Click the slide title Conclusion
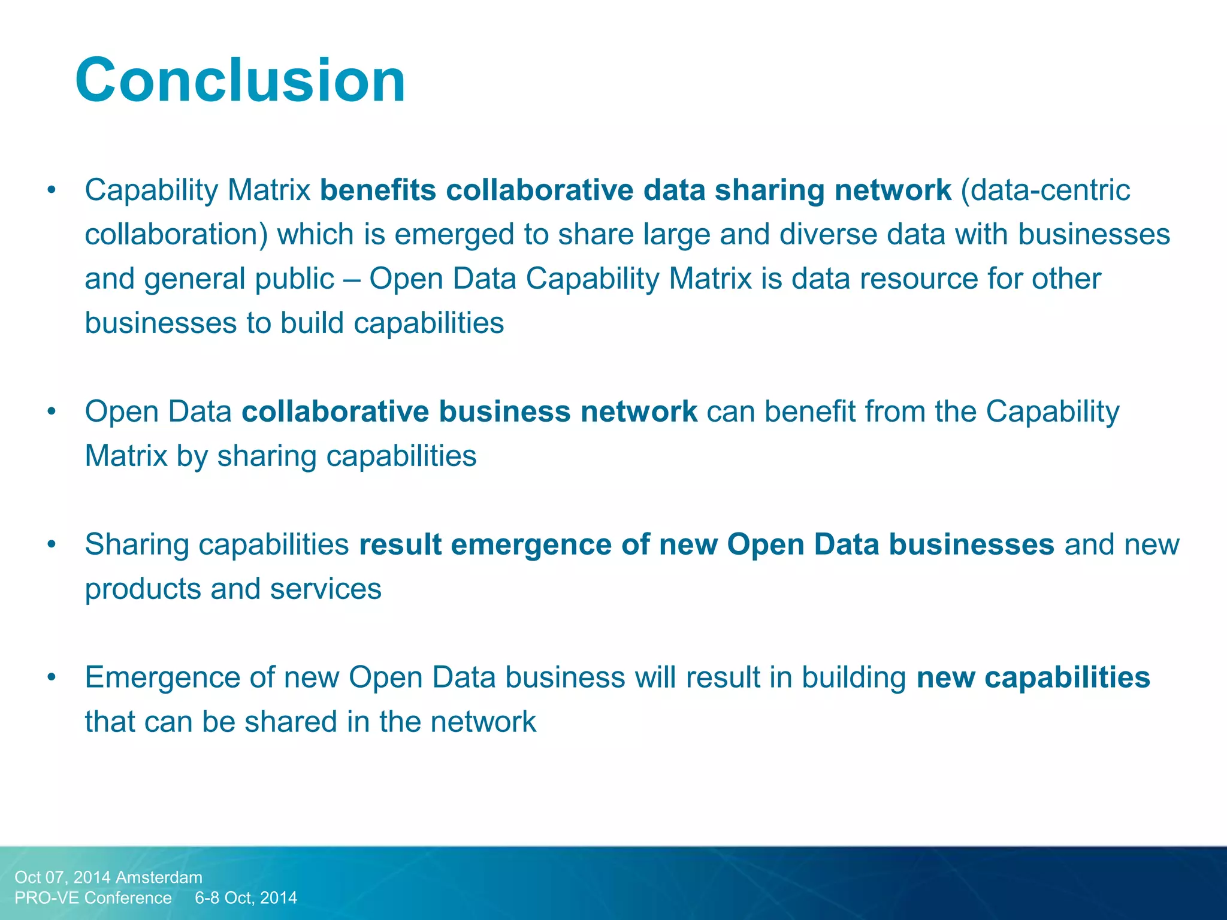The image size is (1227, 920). (240, 80)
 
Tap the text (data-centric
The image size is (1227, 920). (1045, 190)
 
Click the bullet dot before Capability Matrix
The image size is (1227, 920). (52, 190)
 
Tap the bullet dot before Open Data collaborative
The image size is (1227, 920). (52, 412)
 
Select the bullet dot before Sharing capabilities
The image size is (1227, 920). (52, 545)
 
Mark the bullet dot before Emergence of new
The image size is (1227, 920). (52, 678)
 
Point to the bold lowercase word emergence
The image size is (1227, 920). (531, 545)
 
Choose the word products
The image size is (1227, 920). (143, 589)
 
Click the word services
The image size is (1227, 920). (325, 589)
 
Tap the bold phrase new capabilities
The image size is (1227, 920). (1033, 678)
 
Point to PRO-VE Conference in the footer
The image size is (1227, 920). (93, 898)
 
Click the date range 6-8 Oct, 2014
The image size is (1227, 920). (246, 898)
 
